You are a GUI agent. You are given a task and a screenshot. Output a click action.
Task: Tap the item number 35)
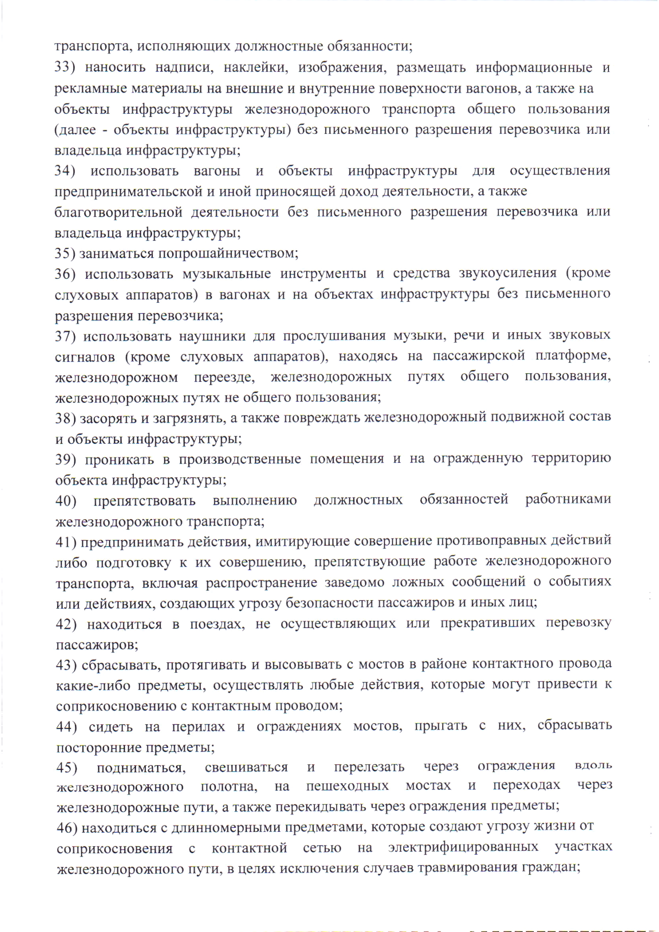(65, 253)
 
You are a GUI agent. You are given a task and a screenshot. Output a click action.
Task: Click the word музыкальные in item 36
(227, 274)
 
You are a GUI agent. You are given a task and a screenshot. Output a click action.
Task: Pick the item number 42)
(66, 624)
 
